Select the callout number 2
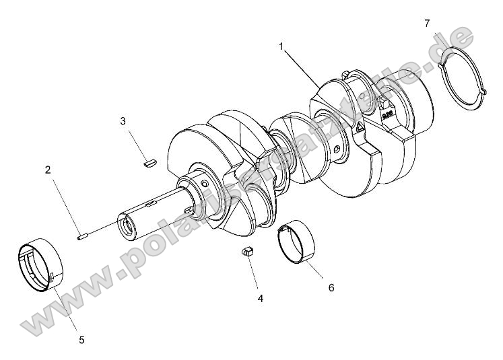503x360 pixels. pyautogui.click(x=48, y=170)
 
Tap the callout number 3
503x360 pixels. pyautogui.click(x=123, y=121)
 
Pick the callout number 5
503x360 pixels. pyautogui.click(x=81, y=340)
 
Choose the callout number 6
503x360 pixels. pyautogui.click(x=331, y=287)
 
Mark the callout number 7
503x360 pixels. pyautogui.click(x=427, y=24)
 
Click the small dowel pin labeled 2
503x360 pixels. pyautogui.click(x=83, y=235)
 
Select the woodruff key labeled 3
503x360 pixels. pyautogui.click(x=149, y=161)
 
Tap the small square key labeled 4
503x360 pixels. pyautogui.click(x=247, y=252)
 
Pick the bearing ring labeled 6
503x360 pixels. pyautogui.click(x=297, y=240)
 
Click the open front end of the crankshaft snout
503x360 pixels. pyautogui.click(x=127, y=225)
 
